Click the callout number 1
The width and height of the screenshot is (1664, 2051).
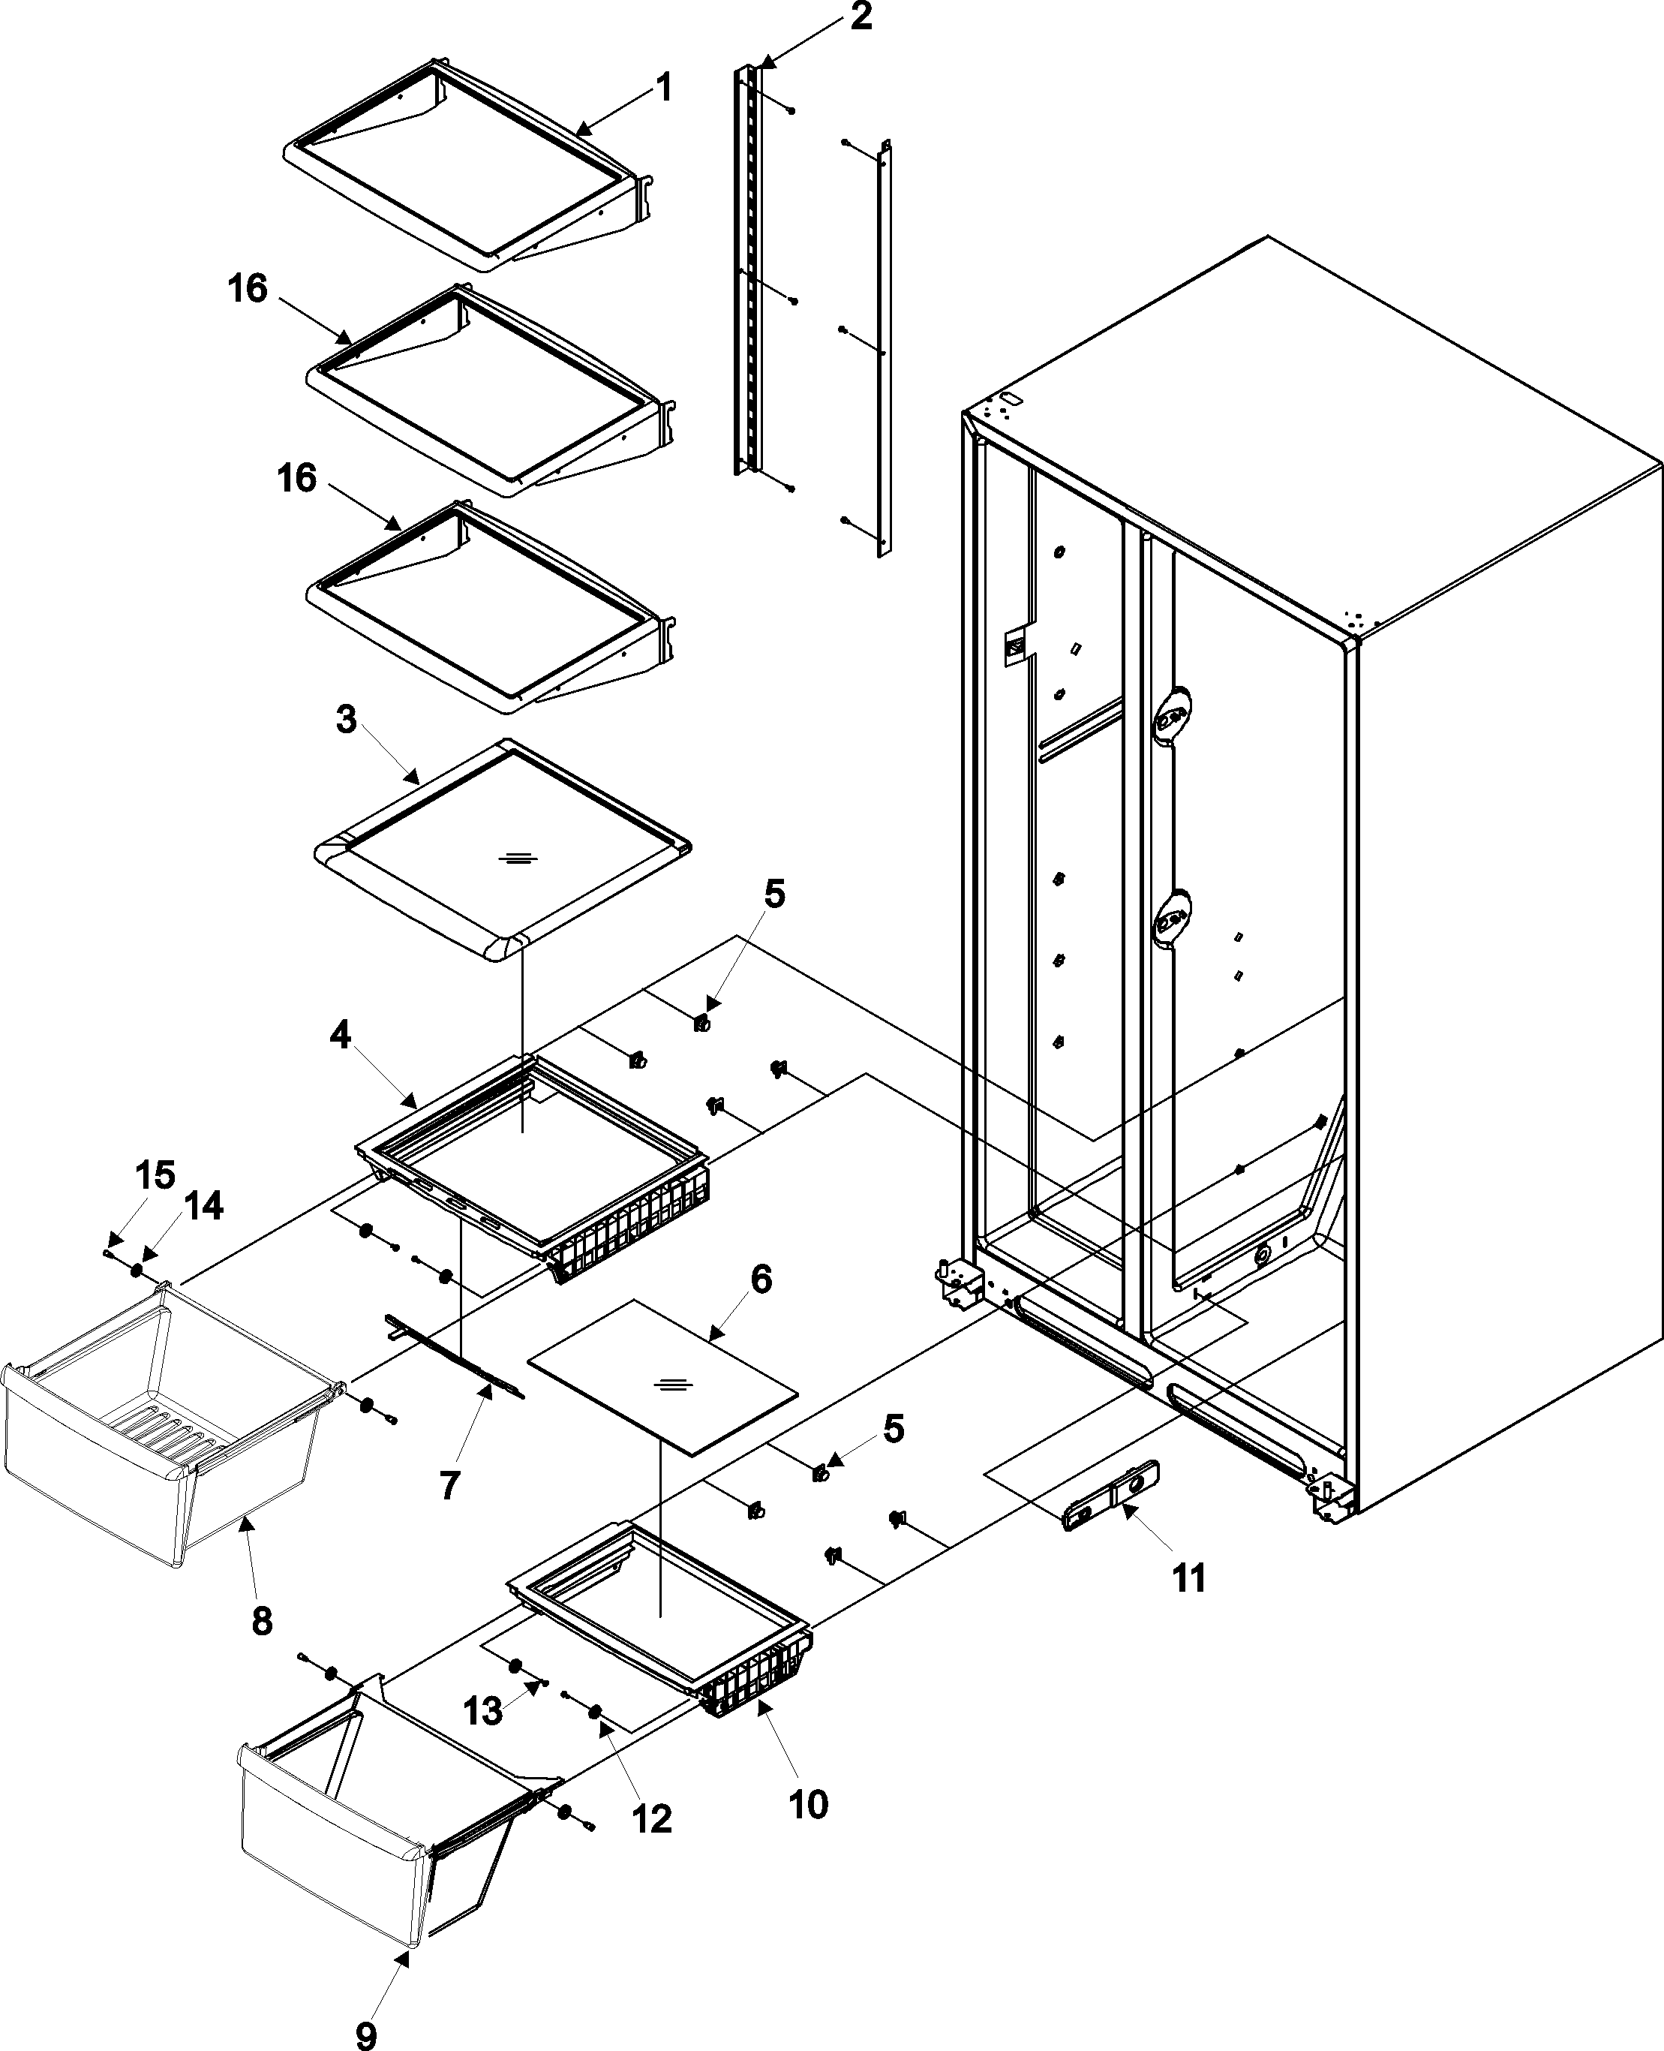click(662, 89)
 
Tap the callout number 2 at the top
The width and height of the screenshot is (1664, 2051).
click(860, 17)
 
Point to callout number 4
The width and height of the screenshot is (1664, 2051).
click(341, 1035)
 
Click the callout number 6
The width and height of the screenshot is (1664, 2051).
click(760, 1279)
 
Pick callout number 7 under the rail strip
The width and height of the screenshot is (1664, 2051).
click(449, 1485)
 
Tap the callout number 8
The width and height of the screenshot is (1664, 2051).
click(262, 1620)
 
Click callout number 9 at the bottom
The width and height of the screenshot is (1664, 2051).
click(366, 2031)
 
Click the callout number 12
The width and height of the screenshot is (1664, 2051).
click(652, 1819)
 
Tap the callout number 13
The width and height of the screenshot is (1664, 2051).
click(483, 1710)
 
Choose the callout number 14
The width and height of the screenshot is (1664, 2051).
click(203, 1205)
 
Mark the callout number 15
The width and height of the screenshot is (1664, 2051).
click(155, 1174)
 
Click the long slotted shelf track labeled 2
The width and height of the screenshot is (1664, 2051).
click(752, 269)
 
